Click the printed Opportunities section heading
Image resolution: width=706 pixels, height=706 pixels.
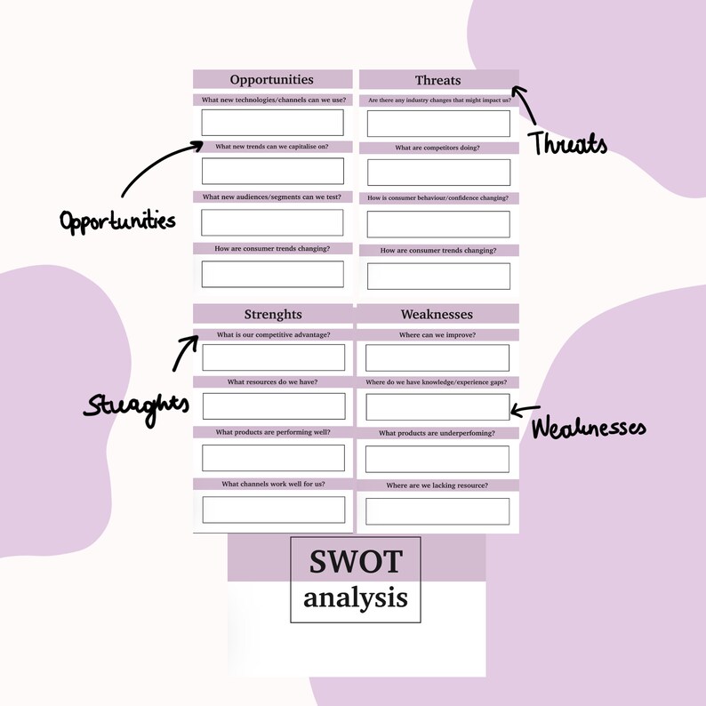pos(271,80)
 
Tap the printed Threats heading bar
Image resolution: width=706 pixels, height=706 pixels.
pos(437,81)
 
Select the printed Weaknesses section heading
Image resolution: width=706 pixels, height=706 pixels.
pos(437,314)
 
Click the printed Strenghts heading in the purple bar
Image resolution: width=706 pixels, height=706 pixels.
pos(273,314)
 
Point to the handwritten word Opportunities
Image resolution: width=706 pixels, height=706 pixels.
pos(117,220)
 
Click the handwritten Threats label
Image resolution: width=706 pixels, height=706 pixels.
pos(569,144)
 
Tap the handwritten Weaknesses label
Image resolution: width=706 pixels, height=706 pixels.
pos(589,428)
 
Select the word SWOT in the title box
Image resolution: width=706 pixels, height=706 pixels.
pos(356,562)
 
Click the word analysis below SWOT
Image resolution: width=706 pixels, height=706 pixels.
pos(356,598)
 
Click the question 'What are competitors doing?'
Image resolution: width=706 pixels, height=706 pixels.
pos(437,148)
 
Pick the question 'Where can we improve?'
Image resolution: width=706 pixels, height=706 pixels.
pos(437,334)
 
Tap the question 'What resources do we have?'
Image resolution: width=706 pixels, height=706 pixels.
pos(272,381)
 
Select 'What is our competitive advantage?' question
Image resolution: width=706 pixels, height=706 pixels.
pos(273,334)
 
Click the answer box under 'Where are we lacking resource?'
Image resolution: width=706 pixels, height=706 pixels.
pos(437,511)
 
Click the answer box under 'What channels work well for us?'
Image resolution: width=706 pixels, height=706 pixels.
pos(273,509)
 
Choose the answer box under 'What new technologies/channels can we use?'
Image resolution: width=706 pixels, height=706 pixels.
pos(272,122)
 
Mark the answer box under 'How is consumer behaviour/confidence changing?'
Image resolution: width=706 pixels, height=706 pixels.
pos(438,224)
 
